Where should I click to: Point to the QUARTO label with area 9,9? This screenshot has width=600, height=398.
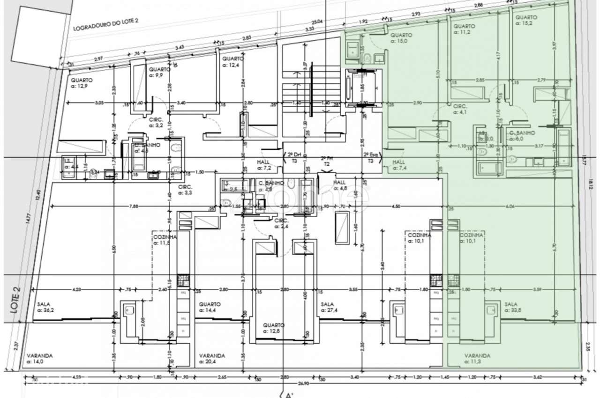(x=159, y=71)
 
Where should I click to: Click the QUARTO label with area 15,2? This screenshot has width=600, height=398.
(x=526, y=20)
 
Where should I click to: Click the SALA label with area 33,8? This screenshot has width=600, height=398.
(x=514, y=307)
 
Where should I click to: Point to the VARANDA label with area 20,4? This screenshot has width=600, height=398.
(x=211, y=358)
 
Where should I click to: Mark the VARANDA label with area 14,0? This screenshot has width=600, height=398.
(x=39, y=358)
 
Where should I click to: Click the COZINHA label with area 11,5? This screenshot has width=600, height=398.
(x=164, y=240)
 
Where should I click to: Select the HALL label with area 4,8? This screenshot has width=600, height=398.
(x=341, y=185)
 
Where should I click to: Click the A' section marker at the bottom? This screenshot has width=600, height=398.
(x=289, y=394)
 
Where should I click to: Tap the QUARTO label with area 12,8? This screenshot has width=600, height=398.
(x=272, y=328)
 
